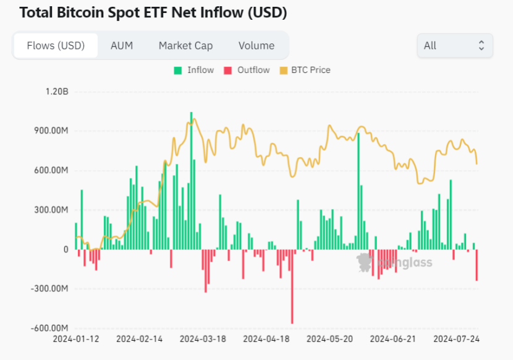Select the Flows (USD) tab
click(x=55, y=46)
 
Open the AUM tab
click(x=121, y=46)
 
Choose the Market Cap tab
click(x=185, y=46)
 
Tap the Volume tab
click(x=256, y=46)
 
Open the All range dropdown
click(x=455, y=46)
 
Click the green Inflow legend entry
click(x=194, y=70)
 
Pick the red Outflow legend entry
click(x=247, y=70)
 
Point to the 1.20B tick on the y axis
click(x=56, y=92)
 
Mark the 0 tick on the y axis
click(x=65, y=249)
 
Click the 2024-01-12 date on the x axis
click(x=75, y=339)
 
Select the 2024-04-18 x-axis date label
click(x=266, y=339)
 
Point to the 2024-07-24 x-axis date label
click(x=457, y=339)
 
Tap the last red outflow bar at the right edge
click(x=477, y=265)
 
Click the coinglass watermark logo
click(x=396, y=263)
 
